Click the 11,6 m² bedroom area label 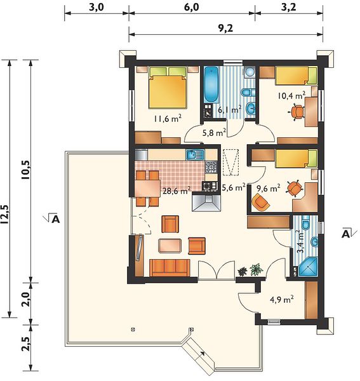[168, 118]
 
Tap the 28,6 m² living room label [177, 190]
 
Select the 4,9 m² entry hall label [282, 299]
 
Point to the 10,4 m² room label [291, 95]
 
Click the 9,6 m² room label [269, 188]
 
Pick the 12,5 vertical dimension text [5, 214]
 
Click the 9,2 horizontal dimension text [225, 29]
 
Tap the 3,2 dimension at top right [289, 7]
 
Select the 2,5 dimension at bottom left [26, 344]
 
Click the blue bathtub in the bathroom [211, 84]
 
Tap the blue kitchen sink [195, 155]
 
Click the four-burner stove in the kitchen [211, 167]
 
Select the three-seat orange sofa [170, 268]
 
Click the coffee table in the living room [170, 245]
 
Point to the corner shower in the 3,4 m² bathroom [308, 267]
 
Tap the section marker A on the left [55, 219]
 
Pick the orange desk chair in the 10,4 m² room [297, 112]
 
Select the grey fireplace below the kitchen [206, 201]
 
